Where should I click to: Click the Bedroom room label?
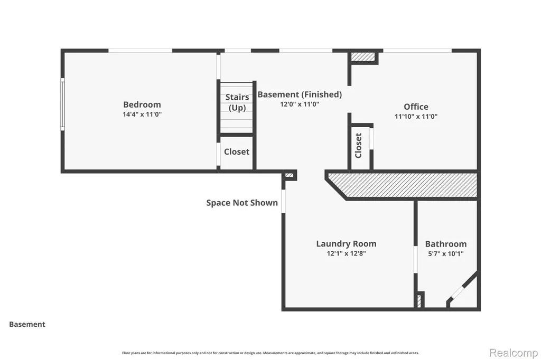click(142, 105)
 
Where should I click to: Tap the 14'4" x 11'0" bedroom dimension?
click(142, 114)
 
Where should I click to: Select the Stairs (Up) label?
click(237, 102)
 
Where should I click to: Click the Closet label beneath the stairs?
click(237, 151)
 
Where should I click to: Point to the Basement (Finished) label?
click(300, 94)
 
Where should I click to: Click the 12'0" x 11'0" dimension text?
click(300, 104)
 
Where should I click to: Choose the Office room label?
click(416, 107)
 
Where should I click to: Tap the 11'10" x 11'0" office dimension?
click(416, 116)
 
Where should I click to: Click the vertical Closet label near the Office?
click(359, 146)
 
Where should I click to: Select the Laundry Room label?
click(346, 244)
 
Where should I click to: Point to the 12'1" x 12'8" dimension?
click(346, 253)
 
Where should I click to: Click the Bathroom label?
click(446, 244)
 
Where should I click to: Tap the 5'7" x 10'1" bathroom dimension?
click(446, 253)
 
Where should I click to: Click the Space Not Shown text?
click(242, 203)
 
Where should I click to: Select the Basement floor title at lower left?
click(27, 324)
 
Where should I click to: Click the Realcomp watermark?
click(514, 353)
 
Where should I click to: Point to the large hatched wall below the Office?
click(402, 185)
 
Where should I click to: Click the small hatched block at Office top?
click(363, 56)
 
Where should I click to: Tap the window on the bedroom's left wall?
click(62, 104)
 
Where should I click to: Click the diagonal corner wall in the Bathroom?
click(463, 288)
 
